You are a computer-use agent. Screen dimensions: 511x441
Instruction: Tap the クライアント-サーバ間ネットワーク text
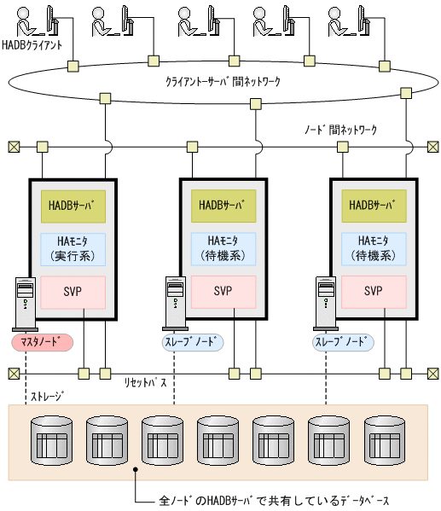pos(223,83)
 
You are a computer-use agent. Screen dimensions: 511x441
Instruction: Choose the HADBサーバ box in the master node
pos(73,206)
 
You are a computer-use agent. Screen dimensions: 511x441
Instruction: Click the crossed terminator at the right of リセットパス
pos(431,374)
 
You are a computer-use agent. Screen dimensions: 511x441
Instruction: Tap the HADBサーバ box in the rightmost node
pos(374,206)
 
